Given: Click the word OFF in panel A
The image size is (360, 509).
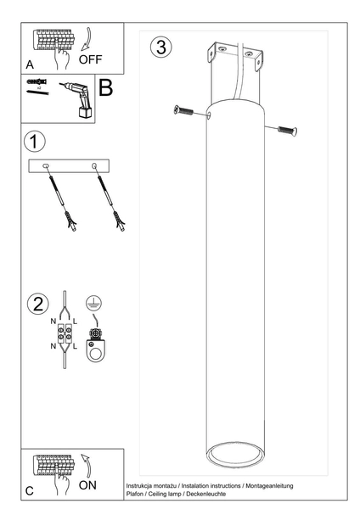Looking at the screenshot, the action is [x=90, y=59].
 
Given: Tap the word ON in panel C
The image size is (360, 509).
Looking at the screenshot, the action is [x=87, y=485].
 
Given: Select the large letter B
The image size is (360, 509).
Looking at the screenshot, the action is [x=105, y=87].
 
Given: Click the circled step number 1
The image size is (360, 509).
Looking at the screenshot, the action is [x=35, y=142].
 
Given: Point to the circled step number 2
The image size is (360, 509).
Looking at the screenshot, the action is [x=38, y=305].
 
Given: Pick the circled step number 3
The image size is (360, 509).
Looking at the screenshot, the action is [x=160, y=47].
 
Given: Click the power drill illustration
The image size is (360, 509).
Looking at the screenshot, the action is [x=77, y=98].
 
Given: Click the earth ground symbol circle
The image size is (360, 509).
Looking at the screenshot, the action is [x=93, y=303].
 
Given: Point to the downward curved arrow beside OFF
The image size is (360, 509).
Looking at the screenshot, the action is [x=87, y=39].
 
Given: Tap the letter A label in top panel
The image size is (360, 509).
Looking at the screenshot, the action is [x=30, y=65].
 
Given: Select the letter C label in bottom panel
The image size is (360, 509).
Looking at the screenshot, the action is [x=29, y=491].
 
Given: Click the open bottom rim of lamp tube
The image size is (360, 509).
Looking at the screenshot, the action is [x=235, y=454].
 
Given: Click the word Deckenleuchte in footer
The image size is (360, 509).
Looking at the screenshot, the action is [x=206, y=494].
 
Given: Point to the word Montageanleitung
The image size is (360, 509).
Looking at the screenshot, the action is [x=269, y=486].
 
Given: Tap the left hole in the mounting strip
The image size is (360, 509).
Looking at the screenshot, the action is [x=46, y=166].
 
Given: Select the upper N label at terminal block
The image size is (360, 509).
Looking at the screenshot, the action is [x=53, y=322].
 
